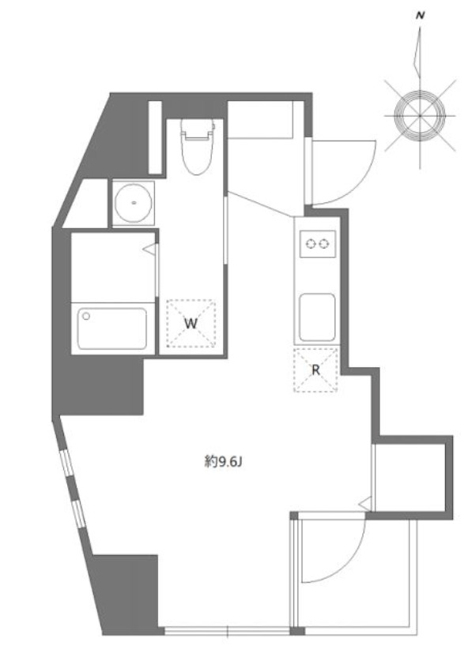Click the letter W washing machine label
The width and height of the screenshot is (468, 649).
pyautogui.click(x=191, y=323)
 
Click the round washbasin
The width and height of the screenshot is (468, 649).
pyautogui.click(x=134, y=204)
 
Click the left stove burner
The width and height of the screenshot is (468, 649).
pyautogui.click(x=310, y=244)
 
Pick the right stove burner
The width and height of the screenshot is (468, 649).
pyautogui.click(x=323, y=244)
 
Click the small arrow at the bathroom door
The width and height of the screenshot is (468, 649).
pyautogui.click(x=148, y=249)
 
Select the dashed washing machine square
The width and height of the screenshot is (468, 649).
pyautogui.click(x=191, y=324)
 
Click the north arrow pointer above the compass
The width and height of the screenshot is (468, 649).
pyautogui.click(x=417, y=55)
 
